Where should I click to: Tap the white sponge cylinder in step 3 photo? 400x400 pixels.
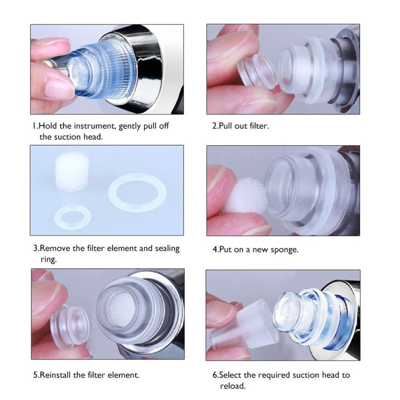click(72, 171)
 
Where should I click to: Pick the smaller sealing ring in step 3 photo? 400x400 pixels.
click(72, 217)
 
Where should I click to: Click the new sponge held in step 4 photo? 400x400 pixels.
click(246, 196)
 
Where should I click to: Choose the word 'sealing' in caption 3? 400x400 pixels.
click(167, 248)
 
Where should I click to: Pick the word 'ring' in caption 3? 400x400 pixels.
click(48, 259)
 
